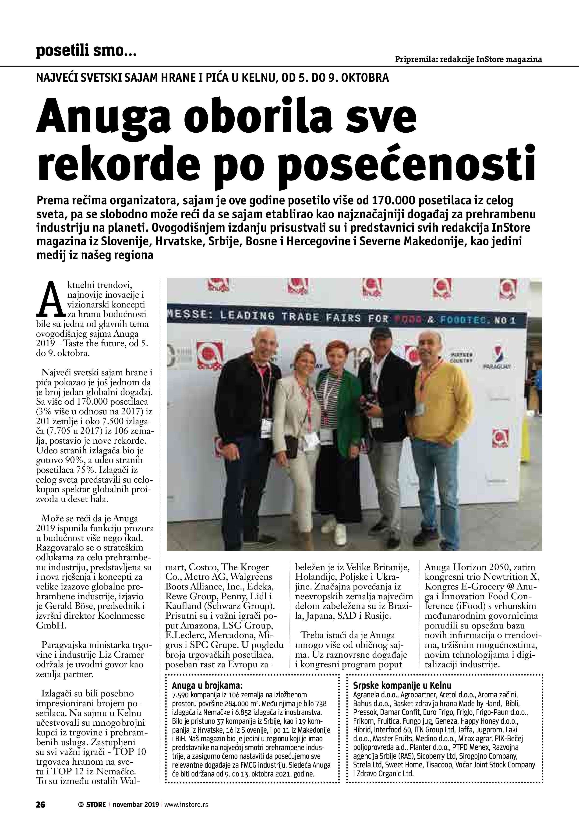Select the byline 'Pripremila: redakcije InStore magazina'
tap(468, 59)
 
